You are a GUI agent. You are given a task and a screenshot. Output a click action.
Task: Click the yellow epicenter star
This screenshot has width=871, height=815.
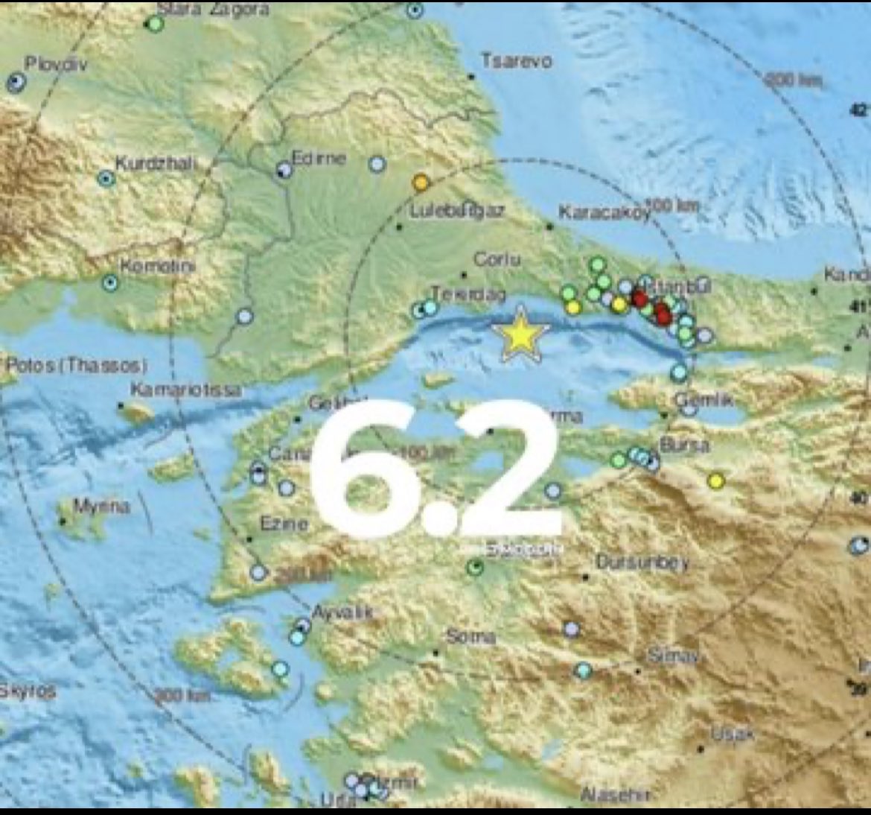[520, 335]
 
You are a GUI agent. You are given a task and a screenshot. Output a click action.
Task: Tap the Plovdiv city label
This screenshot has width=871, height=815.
[56, 64]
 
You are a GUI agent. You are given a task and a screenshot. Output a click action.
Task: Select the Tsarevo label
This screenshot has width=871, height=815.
[517, 60]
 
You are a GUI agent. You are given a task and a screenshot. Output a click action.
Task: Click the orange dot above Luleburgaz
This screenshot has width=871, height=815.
[421, 183]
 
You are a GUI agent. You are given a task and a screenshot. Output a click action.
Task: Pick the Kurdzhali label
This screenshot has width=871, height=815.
[153, 164]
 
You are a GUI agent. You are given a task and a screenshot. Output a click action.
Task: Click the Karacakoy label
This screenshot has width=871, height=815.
[604, 213]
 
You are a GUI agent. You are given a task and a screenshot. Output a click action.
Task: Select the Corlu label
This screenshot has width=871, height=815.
[497, 259]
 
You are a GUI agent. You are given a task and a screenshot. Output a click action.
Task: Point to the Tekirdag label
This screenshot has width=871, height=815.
[469, 295]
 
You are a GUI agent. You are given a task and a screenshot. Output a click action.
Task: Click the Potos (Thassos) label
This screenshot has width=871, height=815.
[76, 365]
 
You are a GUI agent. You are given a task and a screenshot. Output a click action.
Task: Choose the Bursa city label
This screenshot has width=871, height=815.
[684, 445]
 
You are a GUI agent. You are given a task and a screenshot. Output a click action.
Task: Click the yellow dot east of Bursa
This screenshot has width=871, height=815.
[716, 481]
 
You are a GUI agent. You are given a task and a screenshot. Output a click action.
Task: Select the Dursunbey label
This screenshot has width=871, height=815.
[642, 562]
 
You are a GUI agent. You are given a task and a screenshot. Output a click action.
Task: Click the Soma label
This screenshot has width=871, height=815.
[470, 637]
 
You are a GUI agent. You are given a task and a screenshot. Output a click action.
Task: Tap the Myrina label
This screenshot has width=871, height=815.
[101, 507]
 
